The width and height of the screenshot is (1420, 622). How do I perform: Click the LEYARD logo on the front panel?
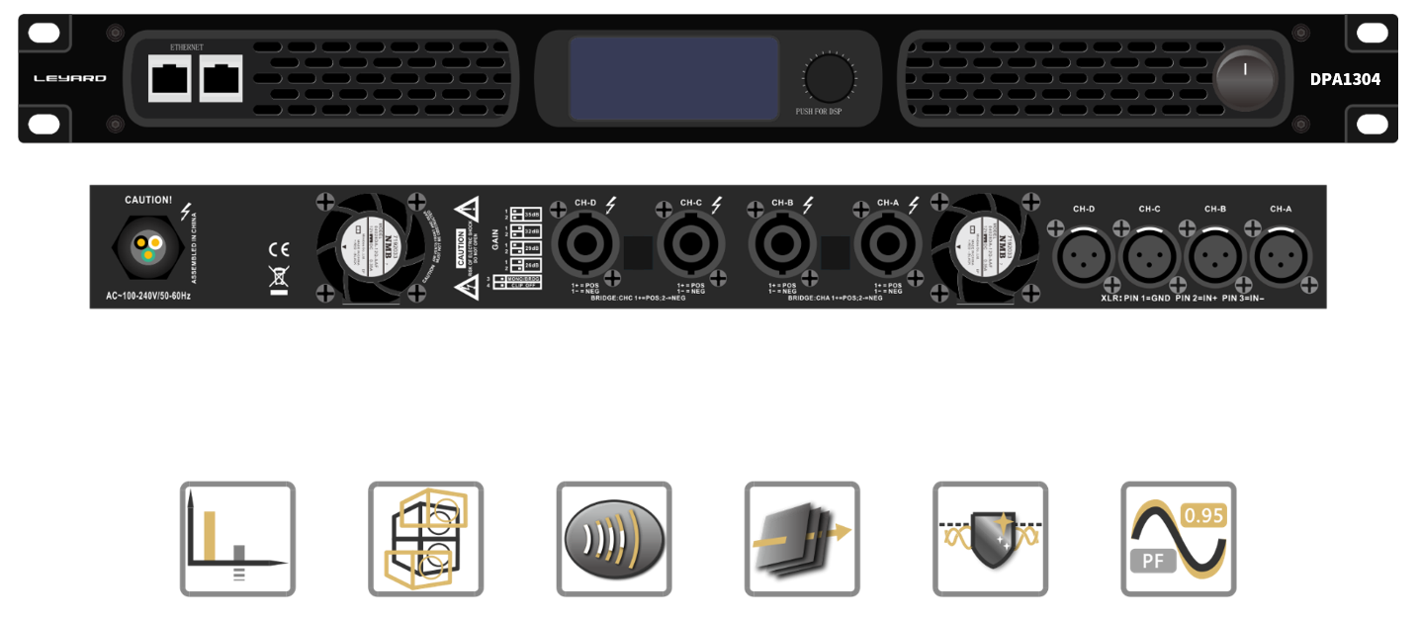[x=69, y=78]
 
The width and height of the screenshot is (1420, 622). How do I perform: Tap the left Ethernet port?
[x=169, y=78]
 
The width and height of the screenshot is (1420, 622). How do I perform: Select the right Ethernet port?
[x=221, y=78]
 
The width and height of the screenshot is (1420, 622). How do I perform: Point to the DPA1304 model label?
[x=1345, y=79]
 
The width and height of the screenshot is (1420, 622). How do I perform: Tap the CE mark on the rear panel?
[x=279, y=249]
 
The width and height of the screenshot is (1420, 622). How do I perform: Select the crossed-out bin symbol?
[x=279, y=278]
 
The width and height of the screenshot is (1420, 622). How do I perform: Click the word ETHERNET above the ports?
[x=187, y=47]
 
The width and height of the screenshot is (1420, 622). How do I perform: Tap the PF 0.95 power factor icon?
[x=1178, y=539]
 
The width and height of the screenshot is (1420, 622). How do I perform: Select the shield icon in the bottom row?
[x=990, y=539]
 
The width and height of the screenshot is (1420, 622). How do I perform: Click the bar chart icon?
[x=237, y=539]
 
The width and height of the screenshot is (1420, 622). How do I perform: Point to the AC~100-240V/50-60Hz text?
[x=148, y=296]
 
